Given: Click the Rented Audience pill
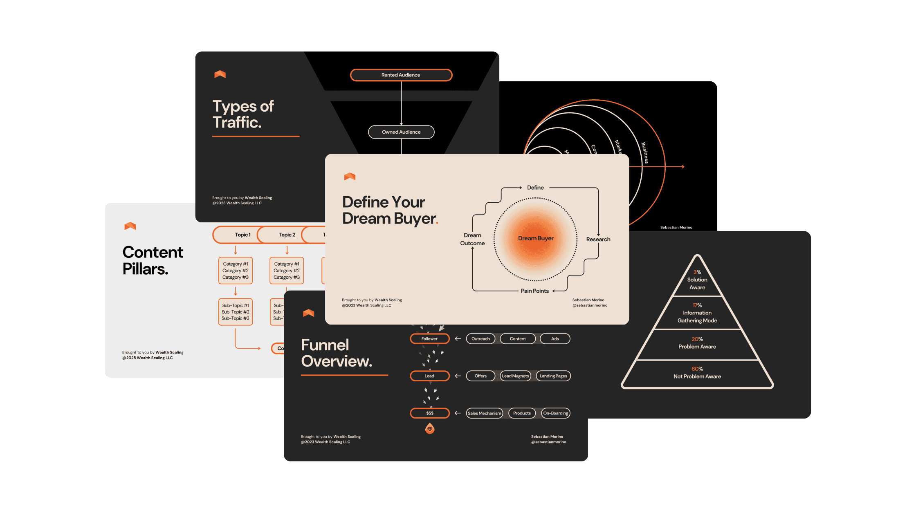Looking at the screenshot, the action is click(401, 75).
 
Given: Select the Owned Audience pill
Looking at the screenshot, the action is click(401, 132).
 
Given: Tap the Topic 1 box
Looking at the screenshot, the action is click(239, 235).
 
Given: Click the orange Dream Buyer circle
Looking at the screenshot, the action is click(536, 239).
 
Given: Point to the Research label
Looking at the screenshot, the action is click(598, 240).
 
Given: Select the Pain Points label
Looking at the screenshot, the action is click(534, 291).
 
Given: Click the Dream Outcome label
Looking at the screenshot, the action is click(472, 239).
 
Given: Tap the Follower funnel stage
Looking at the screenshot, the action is click(429, 339).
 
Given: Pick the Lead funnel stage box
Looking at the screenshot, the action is click(429, 376).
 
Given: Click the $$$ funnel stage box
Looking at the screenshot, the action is click(429, 413).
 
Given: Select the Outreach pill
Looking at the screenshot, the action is click(480, 339).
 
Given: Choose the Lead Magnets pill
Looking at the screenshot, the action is click(515, 376).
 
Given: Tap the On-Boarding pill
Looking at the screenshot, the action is click(555, 413).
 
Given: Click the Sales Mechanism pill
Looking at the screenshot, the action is click(484, 413).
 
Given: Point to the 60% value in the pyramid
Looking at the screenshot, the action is click(697, 369).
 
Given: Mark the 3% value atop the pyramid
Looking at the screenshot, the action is click(697, 272).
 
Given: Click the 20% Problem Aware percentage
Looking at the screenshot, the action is click(697, 339).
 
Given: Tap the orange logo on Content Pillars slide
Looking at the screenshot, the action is click(130, 226).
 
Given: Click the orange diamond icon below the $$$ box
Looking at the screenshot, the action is click(430, 429).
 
